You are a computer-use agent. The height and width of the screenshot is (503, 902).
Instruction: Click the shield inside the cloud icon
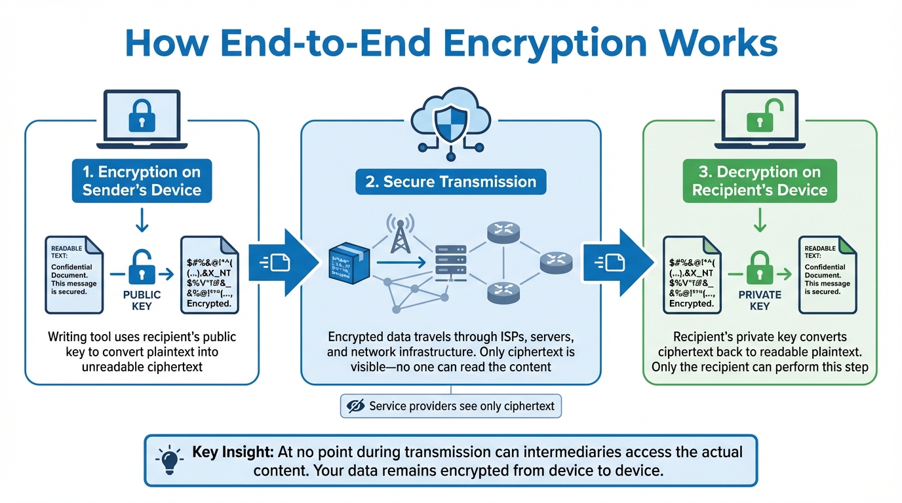click(x=450, y=121)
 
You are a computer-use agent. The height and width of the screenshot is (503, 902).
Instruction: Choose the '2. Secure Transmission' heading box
click(x=450, y=181)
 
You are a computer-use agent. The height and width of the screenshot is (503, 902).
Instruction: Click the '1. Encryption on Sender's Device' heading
click(x=142, y=181)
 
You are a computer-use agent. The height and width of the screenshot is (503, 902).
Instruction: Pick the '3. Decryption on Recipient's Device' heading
click(x=759, y=181)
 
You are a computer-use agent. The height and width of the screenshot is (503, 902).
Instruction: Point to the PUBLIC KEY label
click(x=142, y=300)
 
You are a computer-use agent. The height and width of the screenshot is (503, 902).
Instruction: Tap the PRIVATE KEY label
click(x=760, y=300)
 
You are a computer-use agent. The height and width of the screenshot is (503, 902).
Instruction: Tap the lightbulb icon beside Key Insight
click(x=170, y=460)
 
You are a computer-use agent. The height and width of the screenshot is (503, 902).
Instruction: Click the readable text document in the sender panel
click(x=74, y=274)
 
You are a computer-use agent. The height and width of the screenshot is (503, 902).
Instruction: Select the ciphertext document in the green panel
click(x=692, y=274)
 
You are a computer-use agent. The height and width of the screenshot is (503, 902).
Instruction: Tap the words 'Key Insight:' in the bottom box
click(x=233, y=452)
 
